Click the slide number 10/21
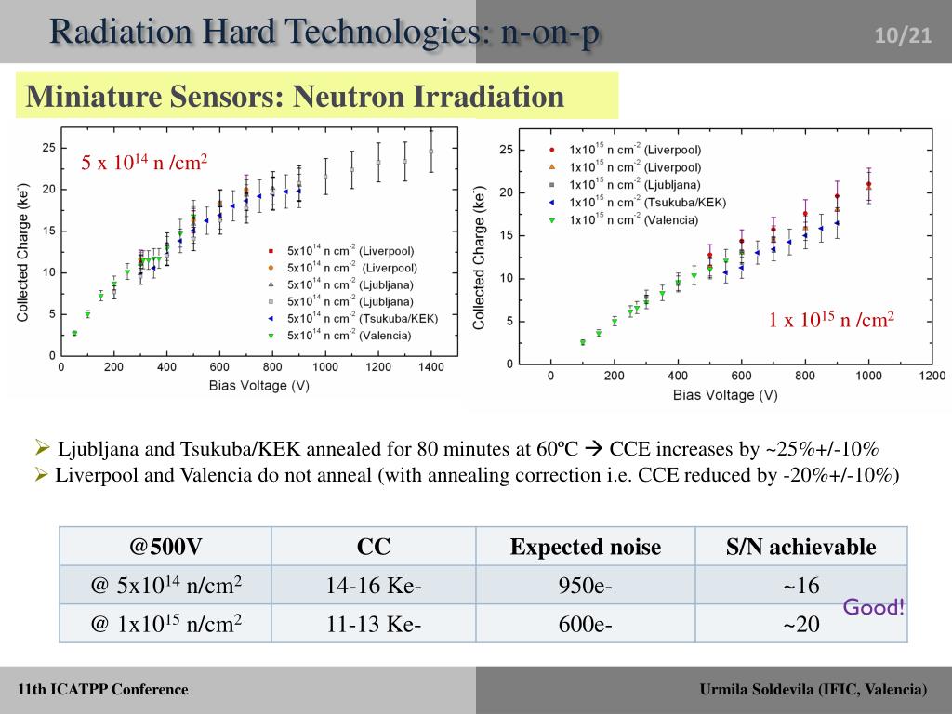pyautogui.click(x=902, y=35)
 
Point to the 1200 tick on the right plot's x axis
pyautogui.click(x=932, y=376)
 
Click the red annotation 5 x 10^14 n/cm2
pyautogui.click(x=143, y=163)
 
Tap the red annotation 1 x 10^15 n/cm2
pyautogui.click(x=830, y=320)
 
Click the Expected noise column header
pyautogui.click(x=585, y=547)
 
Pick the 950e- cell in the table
pyautogui.click(x=585, y=586)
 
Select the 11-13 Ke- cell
pyautogui.click(x=373, y=624)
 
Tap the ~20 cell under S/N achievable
pyautogui.click(x=800, y=624)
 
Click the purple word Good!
pyautogui.click(x=873, y=608)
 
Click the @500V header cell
pyautogui.click(x=165, y=546)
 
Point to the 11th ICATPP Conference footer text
pyautogui.click(x=102, y=689)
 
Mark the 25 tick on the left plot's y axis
pyautogui.click(x=48, y=148)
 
